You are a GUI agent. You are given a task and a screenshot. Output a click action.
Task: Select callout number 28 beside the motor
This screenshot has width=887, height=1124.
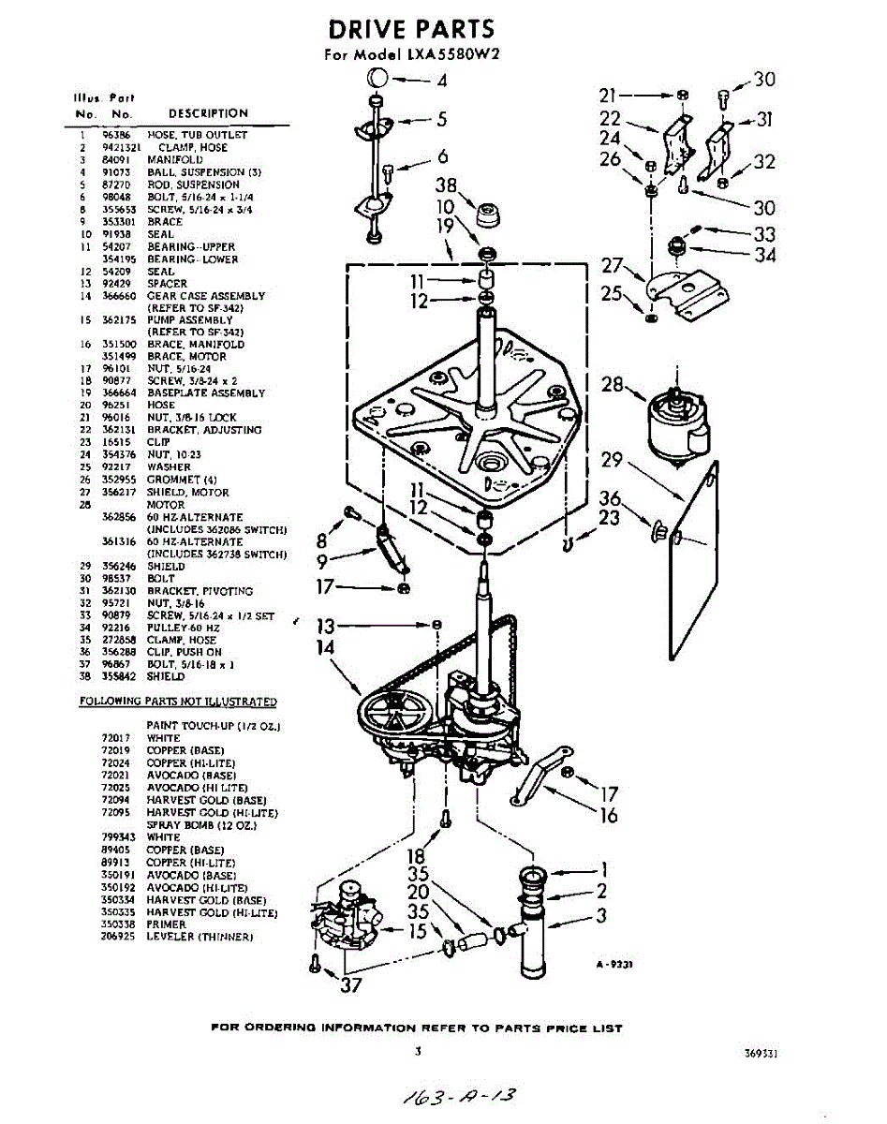(x=613, y=385)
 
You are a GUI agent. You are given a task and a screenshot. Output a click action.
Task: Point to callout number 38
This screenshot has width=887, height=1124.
(x=446, y=185)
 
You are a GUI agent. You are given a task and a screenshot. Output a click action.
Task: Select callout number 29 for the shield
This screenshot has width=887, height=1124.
(x=612, y=461)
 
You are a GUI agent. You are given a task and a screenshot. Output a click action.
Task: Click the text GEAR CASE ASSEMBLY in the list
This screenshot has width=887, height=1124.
(x=206, y=296)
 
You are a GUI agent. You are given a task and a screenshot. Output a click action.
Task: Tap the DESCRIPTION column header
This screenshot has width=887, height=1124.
(x=208, y=113)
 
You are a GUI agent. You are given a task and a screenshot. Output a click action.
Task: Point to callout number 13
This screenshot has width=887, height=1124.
(x=324, y=626)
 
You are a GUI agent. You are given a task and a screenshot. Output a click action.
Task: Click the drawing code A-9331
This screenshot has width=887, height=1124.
(x=614, y=964)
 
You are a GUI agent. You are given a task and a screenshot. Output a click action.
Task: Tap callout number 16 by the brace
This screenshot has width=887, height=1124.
(x=609, y=816)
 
